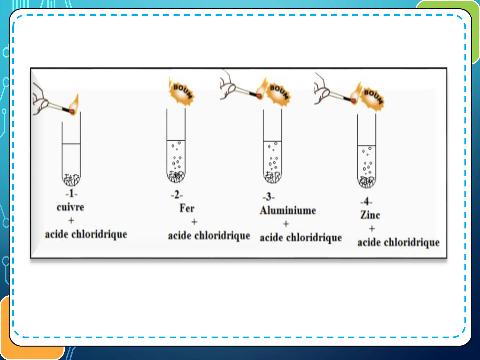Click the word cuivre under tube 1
pos(70,207)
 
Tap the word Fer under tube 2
pos(187,208)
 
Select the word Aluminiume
pos(288,211)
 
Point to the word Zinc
pos(370,215)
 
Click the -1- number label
pos(71,194)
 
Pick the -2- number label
pos(177,195)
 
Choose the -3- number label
pos(268,197)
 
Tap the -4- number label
pos(366,201)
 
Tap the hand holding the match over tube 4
pos(322,89)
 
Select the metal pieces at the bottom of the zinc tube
pos(366,182)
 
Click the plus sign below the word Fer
pos(194,222)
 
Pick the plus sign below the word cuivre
pos(71,220)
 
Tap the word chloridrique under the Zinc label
pos(412,243)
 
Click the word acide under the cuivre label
pos(56,234)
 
